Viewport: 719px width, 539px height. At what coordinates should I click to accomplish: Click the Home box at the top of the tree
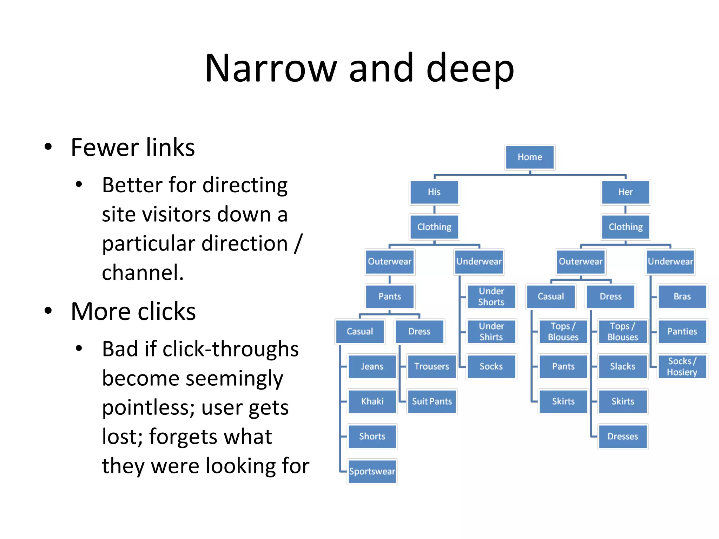(x=529, y=157)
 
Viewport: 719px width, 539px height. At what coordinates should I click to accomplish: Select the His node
(x=434, y=192)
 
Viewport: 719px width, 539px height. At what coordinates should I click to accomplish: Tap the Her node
(x=625, y=192)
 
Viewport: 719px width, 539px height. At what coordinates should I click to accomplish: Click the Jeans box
(x=372, y=366)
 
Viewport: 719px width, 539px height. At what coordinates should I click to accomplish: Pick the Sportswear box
(x=372, y=471)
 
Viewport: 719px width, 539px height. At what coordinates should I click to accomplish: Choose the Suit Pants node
(x=431, y=401)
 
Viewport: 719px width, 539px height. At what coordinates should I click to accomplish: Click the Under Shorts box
(x=491, y=297)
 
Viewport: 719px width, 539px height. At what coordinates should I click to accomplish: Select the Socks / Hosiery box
(x=682, y=366)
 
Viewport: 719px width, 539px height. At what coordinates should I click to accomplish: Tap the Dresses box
(x=622, y=436)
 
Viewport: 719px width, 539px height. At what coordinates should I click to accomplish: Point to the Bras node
(x=682, y=297)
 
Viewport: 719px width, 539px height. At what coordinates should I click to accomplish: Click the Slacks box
(x=622, y=366)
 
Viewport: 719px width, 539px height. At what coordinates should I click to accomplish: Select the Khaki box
(x=372, y=401)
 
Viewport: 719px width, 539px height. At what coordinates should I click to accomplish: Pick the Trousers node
(x=431, y=366)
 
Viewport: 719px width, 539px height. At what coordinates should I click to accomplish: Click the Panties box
(x=682, y=331)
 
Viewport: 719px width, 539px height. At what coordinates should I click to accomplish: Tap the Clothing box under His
(x=434, y=227)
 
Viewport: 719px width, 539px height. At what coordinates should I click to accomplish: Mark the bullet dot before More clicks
(x=48, y=311)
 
